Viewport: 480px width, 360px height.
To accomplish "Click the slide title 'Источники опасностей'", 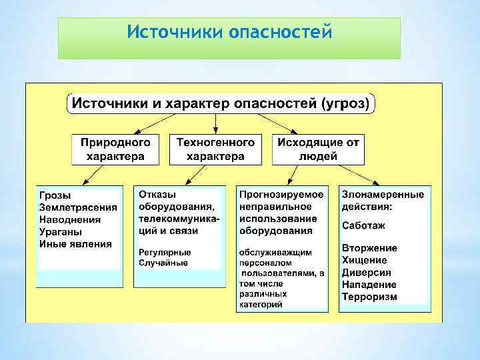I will point(229,32).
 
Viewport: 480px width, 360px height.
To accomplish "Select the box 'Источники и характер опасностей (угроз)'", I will point(223,103).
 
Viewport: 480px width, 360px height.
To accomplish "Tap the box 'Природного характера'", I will point(115,149).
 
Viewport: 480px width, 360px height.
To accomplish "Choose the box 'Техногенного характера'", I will point(215,149).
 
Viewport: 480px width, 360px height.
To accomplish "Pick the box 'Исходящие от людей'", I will point(319,149).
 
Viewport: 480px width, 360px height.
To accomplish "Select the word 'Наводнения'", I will point(70,219).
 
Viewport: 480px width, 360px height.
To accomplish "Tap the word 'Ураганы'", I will point(61,231).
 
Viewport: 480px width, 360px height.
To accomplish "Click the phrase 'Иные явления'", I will point(75,243).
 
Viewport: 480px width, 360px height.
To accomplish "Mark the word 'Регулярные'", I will point(165,252).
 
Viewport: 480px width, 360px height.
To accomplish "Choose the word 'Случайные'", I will point(163,263).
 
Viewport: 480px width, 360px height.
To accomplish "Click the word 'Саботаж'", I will point(363,226).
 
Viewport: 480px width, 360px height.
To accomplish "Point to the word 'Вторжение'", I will point(369,248).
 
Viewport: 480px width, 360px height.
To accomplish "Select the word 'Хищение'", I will point(364,261).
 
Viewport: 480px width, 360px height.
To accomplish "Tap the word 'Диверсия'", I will point(367,273).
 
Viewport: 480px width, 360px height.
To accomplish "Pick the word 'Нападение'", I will point(369,285).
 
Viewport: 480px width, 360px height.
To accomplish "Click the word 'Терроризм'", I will point(369,297).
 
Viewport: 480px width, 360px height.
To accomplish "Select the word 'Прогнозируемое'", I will point(282,195).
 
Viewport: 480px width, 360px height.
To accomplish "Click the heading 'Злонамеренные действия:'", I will point(383,201).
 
